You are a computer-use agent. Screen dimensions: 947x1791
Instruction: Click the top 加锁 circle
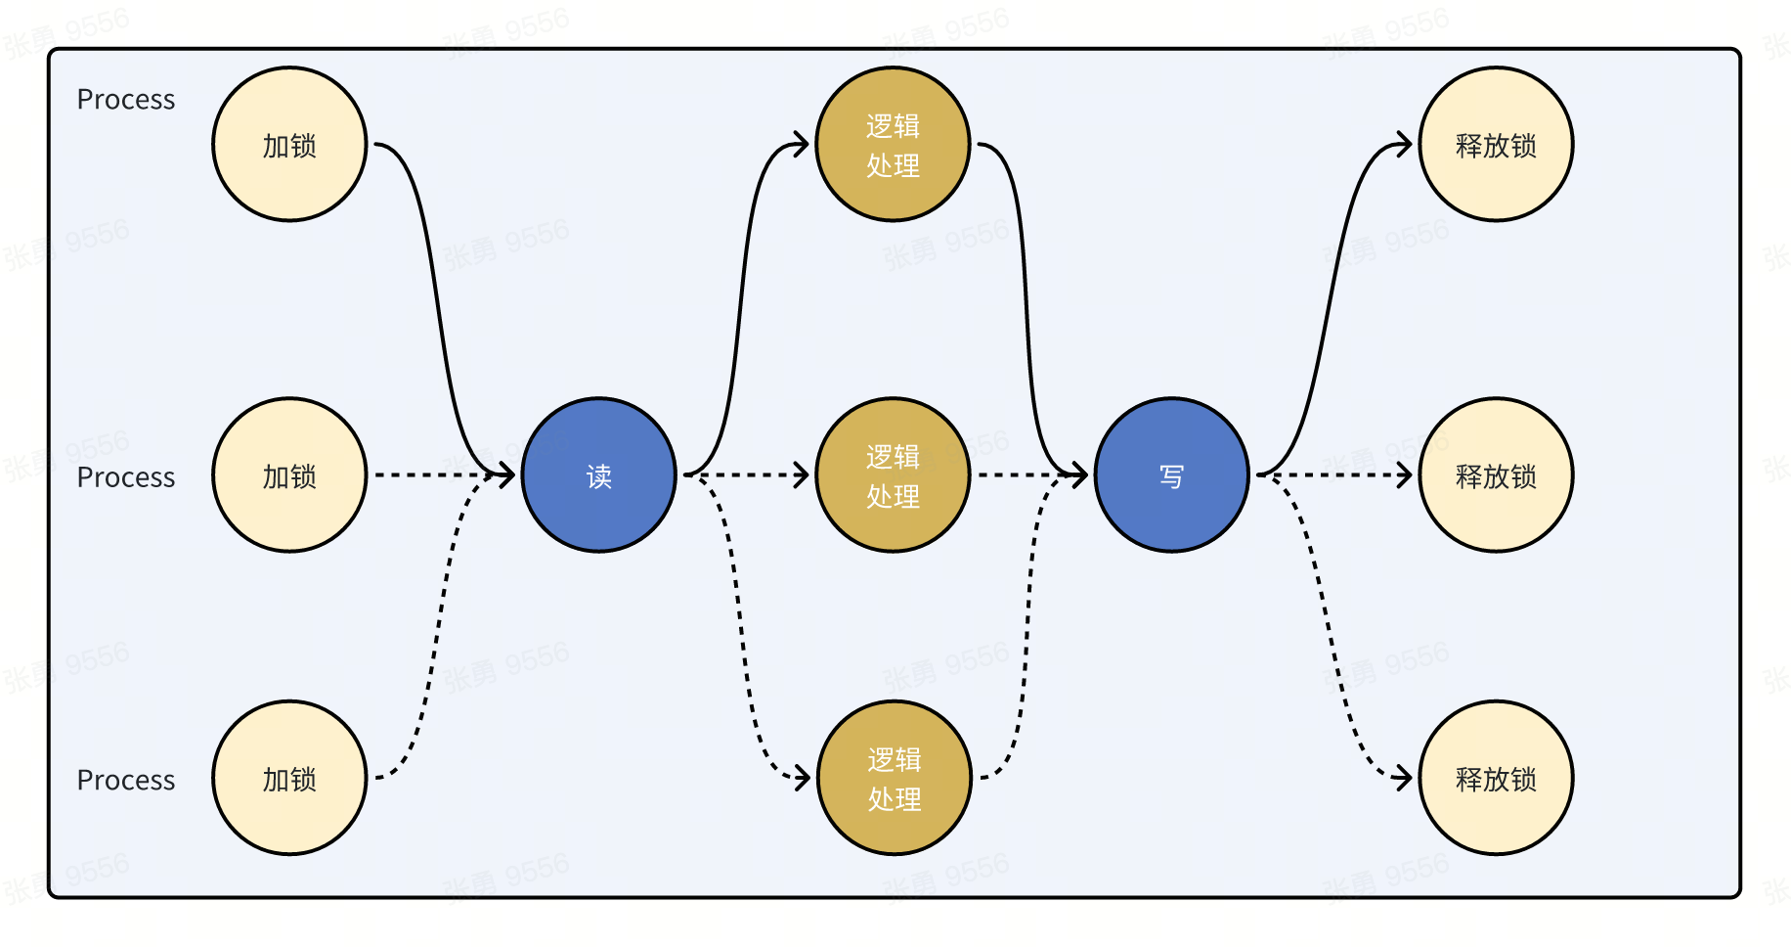point(289,145)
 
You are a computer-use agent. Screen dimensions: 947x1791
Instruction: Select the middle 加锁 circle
point(289,475)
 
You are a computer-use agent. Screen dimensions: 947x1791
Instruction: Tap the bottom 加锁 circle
point(289,779)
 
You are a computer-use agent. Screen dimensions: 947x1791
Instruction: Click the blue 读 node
point(598,475)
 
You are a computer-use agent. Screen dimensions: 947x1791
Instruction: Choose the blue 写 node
point(1171,475)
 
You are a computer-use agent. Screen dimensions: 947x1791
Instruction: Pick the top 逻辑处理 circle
point(893,145)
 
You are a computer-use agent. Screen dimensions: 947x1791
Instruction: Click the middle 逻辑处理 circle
point(893,475)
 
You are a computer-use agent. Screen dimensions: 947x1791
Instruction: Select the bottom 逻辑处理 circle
point(895,779)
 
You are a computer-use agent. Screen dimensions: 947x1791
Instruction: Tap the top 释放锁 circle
point(1496,145)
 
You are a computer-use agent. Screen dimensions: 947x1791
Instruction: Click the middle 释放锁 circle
point(1496,475)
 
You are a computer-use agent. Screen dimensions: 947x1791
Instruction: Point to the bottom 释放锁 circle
point(1496,779)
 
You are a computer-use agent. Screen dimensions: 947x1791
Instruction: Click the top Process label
point(126,100)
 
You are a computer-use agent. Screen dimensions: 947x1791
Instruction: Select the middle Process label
point(126,477)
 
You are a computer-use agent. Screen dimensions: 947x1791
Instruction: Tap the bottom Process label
point(126,781)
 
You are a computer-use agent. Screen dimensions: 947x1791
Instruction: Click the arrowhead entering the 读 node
point(507,475)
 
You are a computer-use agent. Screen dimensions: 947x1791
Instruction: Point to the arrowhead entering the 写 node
point(1080,475)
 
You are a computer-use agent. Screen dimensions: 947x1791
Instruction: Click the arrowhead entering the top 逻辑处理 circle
point(802,145)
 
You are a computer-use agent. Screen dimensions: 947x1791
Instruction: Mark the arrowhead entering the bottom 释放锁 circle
point(1405,778)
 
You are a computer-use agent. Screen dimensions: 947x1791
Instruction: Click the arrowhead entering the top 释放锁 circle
point(1405,145)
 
